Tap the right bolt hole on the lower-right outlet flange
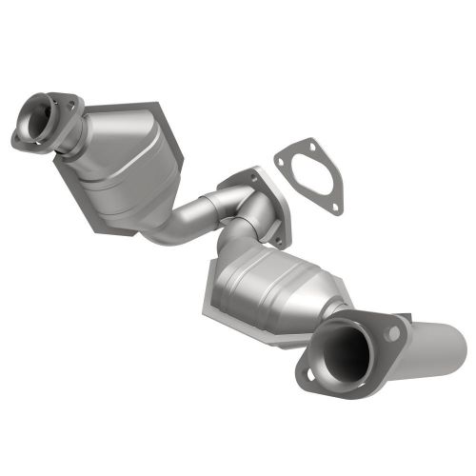[392, 331]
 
